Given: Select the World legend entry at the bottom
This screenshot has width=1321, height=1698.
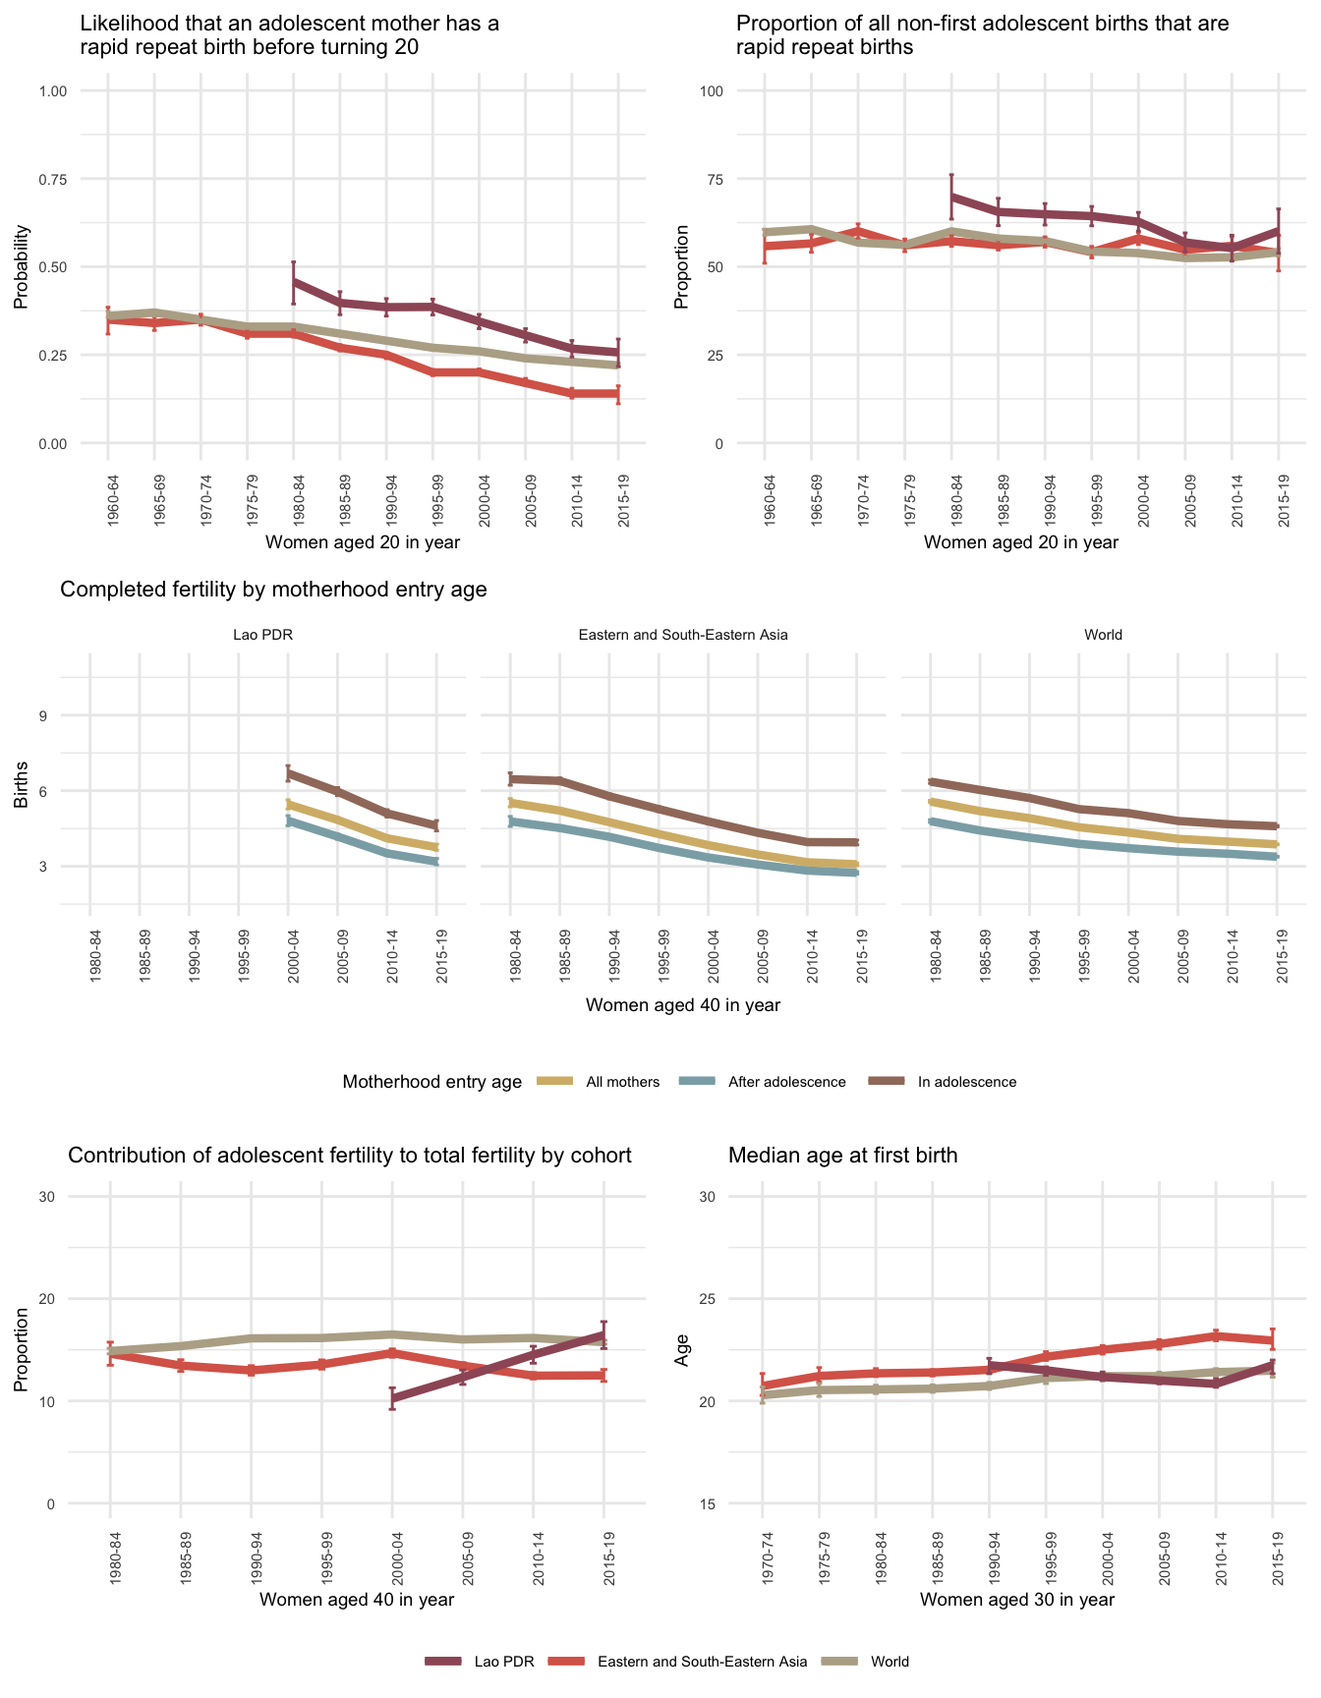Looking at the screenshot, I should point(890,1662).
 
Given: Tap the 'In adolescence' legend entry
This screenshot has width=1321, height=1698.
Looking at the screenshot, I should point(966,1082).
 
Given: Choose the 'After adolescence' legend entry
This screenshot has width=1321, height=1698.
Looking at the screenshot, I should point(786,1082).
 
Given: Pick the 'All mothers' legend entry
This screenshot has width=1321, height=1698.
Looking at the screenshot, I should point(622,1082).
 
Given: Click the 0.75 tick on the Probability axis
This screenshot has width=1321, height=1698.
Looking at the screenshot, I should point(51,179).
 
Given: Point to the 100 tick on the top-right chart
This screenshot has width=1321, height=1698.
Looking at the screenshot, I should point(711,91).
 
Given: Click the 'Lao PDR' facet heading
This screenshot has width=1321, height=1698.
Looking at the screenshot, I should point(262,635).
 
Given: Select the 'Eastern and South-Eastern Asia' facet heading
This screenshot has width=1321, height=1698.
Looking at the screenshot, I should point(683,635).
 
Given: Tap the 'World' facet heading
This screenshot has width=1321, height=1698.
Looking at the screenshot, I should point(1103,635).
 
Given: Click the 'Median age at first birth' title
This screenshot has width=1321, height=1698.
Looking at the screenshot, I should point(842,1156).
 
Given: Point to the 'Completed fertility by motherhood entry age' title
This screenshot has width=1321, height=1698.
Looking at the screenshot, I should point(273,590).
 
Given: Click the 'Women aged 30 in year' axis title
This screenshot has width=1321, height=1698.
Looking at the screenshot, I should point(1017,1599).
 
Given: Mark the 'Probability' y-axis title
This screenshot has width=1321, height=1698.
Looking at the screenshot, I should point(22,267).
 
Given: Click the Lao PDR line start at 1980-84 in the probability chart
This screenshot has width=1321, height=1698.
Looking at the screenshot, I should point(294,282).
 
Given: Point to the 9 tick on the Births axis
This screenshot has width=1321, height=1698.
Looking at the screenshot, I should point(43,715).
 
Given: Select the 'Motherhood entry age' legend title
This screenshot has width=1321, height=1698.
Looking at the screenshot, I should point(431,1082).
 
